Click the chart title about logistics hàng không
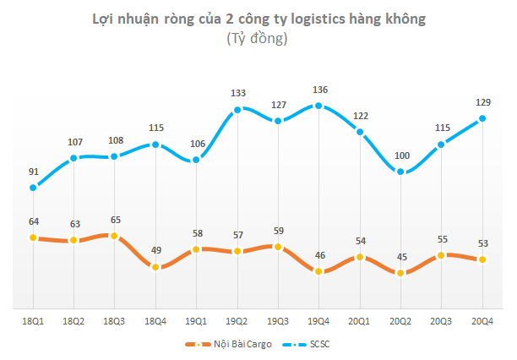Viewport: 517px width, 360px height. coord(257,19)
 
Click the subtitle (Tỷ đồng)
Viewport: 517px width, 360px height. coord(257,39)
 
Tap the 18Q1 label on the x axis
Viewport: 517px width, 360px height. coord(33,321)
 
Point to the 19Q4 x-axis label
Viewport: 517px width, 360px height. coord(318,321)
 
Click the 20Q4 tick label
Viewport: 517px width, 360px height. coord(482,321)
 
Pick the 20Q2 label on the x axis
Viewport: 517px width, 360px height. coord(400,321)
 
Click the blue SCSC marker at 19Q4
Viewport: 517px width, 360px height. coord(318,106)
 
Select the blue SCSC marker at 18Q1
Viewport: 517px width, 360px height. coord(33,188)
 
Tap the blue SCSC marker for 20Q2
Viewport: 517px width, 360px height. coord(400,172)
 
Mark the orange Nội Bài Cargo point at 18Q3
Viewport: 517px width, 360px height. coord(115,236)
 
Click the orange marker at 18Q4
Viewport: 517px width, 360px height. coord(155,266)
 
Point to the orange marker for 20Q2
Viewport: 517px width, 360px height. coord(400,273)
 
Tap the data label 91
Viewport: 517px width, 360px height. coord(33,172)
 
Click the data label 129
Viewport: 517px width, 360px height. coord(482,102)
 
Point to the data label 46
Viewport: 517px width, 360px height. coord(318,255)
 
